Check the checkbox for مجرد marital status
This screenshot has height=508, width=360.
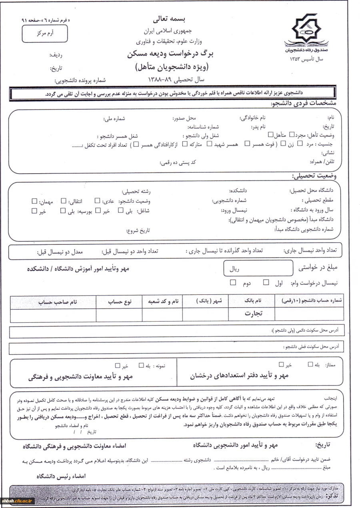pos(291,134)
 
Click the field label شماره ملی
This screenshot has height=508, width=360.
pos(114,118)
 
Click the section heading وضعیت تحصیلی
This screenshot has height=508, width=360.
pos(314,176)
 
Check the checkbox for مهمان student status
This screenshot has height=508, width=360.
pos(34,201)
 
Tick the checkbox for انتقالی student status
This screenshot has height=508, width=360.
pos(64,201)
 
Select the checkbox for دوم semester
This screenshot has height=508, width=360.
pos(233,282)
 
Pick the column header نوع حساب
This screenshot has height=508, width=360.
pos(119,302)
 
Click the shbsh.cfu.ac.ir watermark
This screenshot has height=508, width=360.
pos(18,500)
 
